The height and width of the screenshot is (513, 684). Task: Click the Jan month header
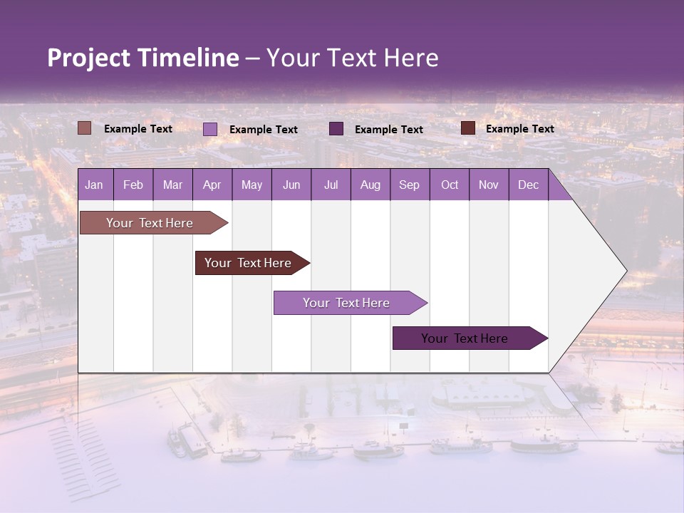tap(95, 185)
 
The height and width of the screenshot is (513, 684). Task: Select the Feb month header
tap(133, 185)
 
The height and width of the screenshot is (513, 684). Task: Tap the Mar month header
tap(172, 185)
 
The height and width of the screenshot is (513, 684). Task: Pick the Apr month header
tap(212, 185)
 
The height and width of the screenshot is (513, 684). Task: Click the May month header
tap(252, 185)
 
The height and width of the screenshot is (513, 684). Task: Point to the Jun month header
tap(291, 185)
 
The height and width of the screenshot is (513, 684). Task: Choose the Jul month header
tap(331, 185)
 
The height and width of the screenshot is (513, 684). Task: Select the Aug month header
tap(370, 185)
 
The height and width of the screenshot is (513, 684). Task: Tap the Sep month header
tap(410, 185)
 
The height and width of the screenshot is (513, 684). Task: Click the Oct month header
tap(450, 185)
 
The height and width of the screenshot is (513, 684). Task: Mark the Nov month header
tap(489, 185)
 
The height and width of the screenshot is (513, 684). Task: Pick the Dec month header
tap(529, 185)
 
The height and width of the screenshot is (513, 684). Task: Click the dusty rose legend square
tap(84, 128)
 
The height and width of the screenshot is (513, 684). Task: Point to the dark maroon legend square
tap(467, 128)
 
